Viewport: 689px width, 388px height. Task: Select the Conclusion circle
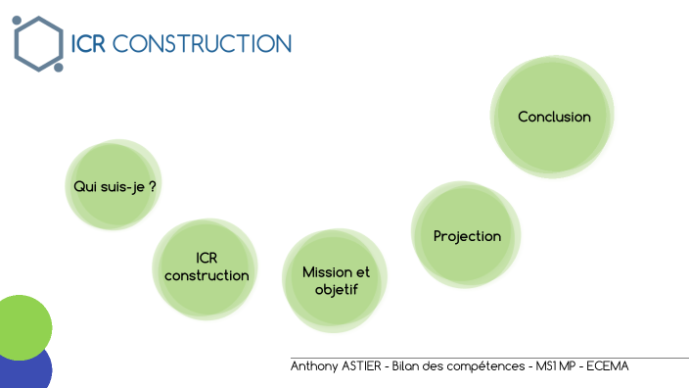click(554, 117)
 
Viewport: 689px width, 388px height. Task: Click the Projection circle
click(467, 236)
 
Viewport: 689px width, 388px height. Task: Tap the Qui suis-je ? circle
click(115, 185)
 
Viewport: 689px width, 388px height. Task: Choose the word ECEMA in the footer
click(608, 366)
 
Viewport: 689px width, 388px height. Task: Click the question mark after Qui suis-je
click(153, 185)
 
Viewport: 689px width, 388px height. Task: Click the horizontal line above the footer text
click(489, 359)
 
